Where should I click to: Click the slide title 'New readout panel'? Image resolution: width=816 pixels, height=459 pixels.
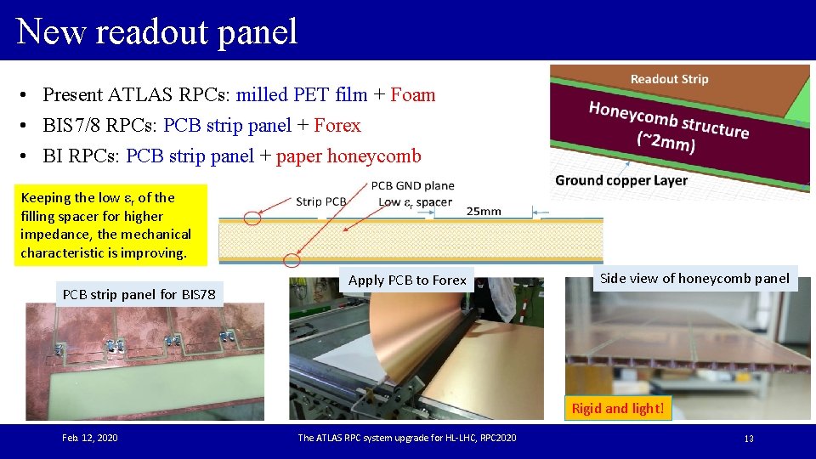(x=157, y=31)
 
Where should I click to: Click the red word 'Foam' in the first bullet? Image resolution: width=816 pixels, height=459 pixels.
(x=412, y=94)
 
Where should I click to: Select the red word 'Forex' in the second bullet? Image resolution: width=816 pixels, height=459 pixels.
(x=337, y=126)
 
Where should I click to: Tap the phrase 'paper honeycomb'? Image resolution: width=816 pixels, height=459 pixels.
(x=348, y=156)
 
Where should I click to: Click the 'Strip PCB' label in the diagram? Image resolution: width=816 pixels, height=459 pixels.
(x=320, y=201)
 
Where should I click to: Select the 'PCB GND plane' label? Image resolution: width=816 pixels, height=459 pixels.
(x=412, y=185)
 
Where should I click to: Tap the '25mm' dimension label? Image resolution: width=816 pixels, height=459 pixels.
(x=484, y=211)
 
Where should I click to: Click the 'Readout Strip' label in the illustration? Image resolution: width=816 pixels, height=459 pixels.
(x=669, y=79)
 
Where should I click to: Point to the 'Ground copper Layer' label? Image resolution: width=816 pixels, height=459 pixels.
(x=621, y=180)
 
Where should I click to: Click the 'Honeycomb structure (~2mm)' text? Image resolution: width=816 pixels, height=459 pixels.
(x=669, y=127)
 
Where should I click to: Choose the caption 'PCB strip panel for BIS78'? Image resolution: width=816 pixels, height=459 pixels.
(x=139, y=295)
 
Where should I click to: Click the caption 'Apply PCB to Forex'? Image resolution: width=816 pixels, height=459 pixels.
(x=407, y=280)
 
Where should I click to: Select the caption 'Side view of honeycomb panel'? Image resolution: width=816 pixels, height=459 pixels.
(x=694, y=278)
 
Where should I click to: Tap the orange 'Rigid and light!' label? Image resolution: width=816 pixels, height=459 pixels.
(x=617, y=408)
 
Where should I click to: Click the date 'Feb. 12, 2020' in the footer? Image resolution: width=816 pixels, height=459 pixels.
(x=90, y=438)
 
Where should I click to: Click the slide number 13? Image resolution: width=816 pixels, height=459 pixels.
(x=749, y=439)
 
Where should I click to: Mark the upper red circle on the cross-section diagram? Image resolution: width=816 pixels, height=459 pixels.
(x=252, y=218)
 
